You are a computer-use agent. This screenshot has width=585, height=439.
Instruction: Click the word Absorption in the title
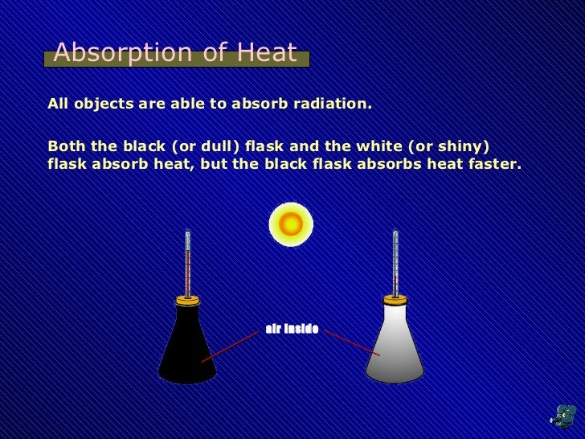point(116,54)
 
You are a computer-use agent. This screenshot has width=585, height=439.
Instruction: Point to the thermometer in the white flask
point(395,261)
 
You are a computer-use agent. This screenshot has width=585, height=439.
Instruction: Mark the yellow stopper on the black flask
point(187,300)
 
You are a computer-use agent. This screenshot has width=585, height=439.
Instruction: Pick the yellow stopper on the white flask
point(395,300)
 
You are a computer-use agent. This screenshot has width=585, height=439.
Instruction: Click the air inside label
point(292,329)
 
